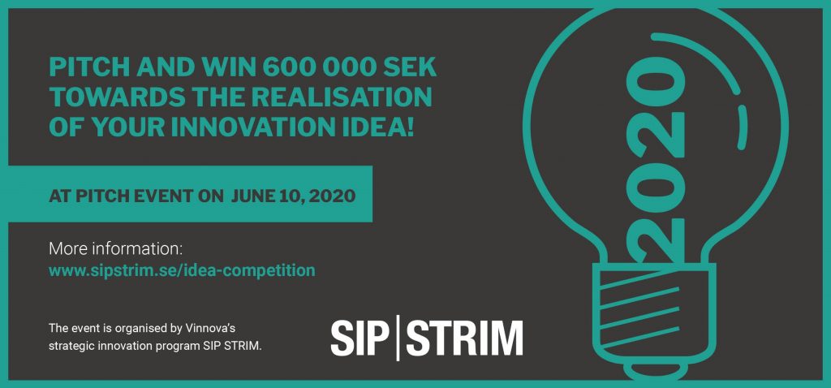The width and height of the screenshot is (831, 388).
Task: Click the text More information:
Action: (x=115, y=248)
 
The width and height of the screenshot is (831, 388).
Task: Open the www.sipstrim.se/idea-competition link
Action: (x=182, y=270)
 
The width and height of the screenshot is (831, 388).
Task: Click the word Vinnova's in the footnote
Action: (x=214, y=328)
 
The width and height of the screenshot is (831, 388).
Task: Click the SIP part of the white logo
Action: (x=357, y=338)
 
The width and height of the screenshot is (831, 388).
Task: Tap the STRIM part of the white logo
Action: (x=465, y=338)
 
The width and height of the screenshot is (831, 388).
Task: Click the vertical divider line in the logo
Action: (x=397, y=338)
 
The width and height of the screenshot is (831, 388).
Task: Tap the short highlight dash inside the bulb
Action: (x=742, y=127)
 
